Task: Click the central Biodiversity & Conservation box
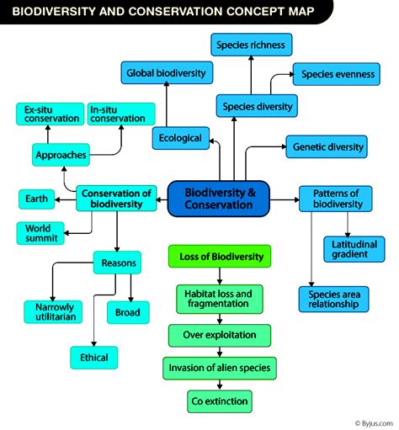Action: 217,199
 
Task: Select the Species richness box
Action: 250,45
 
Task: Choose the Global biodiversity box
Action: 166,72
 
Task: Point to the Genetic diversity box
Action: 327,146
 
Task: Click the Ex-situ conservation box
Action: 48,114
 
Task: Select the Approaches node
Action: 61,155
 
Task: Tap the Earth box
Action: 36,199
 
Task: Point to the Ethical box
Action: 94,357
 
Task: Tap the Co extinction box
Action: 220,401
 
